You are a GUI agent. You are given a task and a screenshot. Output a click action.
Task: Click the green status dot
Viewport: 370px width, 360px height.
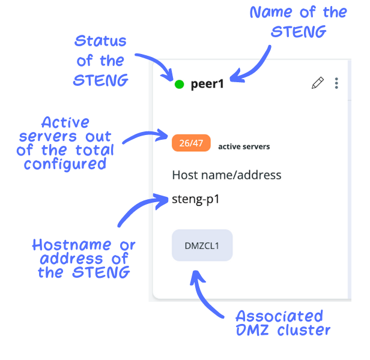[179, 84]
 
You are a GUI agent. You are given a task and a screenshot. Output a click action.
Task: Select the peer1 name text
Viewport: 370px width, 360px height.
[207, 84]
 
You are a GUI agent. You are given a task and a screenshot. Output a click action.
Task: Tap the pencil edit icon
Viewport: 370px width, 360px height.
[317, 83]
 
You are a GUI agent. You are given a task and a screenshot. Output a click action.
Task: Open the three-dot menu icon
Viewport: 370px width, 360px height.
[336, 83]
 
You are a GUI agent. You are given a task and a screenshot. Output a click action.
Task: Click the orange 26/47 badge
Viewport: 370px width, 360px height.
[191, 143]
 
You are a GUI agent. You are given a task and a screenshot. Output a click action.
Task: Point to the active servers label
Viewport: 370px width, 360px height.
[244, 146]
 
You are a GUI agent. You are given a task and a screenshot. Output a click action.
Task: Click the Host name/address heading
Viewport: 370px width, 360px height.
[226, 175]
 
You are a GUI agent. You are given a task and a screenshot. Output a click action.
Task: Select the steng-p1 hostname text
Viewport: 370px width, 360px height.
[196, 199]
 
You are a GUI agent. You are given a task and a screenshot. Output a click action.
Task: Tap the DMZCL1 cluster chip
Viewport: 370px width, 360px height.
[202, 245]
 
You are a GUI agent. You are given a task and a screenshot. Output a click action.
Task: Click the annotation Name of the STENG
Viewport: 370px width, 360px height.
[298, 22]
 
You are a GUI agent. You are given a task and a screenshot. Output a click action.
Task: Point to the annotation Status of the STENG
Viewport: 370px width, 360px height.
[101, 61]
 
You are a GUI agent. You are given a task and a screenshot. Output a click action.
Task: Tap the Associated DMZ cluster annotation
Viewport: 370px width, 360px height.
[279, 323]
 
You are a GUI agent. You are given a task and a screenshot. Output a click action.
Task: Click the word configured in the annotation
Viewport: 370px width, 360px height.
[65, 163]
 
